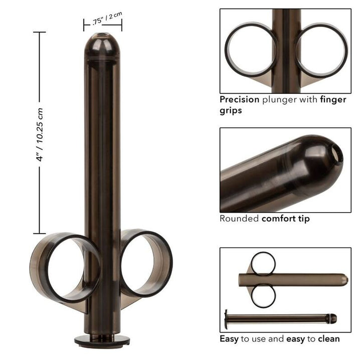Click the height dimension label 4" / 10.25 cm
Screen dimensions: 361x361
tap(41, 133)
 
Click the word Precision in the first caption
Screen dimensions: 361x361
tap(238, 99)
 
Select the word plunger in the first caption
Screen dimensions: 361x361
tap(277, 99)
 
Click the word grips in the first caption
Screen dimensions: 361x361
tap(231, 110)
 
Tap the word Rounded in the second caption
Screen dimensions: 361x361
tap(239, 219)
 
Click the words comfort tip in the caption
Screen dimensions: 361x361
tap(285, 219)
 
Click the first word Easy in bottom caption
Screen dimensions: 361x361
tap(229, 339)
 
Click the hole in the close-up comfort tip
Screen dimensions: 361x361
tap(339, 156)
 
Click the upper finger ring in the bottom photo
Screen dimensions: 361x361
tap(263, 263)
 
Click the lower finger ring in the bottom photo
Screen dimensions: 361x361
tap(263, 296)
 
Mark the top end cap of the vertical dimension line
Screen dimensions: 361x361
tap(40, 32)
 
